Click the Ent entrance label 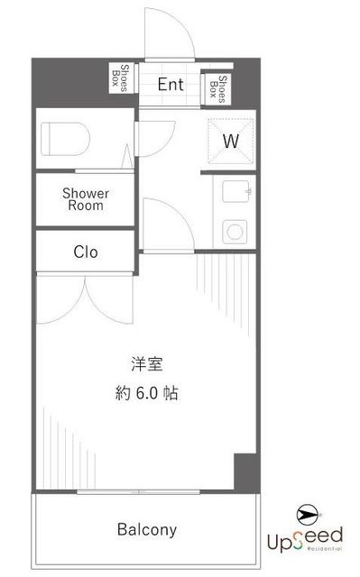pyautogui.click(x=171, y=85)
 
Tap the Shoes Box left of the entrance pyautogui.click(x=121, y=78)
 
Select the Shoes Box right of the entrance pyautogui.click(x=217, y=89)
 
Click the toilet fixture pyautogui.click(x=65, y=139)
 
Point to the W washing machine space pyautogui.click(x=231, y=141)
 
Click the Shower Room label pyautogui.click(x=86, y=199)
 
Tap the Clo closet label pyautogui.click(x=86, y=252)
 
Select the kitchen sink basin pyautogui.click(x=236, y=191)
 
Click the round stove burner pyautogui.click(x=235, y=232)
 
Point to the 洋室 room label pyautogui.click(x=147, y=364)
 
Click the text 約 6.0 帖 pyautogui.click(x=147, y=393)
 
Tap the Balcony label pyautogui.click(x=147, y=529)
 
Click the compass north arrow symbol pyautogui.click(x=309, y=515)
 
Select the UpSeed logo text pyautogui.click(x=305, y=539)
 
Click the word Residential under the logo pyautogui.click(x=324, y=548)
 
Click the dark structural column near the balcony pyautogui.click(x=247, y=472)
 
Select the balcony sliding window pyautogui.click(x=138, y=492)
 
